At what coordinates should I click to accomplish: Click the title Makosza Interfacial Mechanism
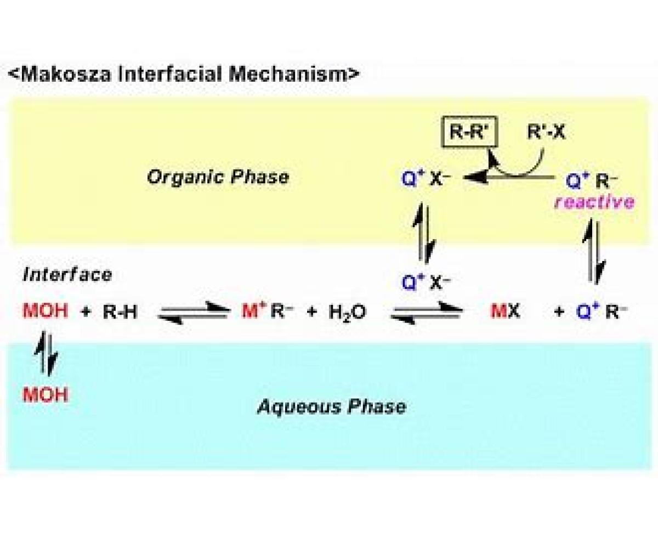(x=184, y=75)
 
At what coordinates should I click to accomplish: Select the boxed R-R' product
(x=469, y=132)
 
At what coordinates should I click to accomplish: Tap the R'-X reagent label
(x=546, y=132)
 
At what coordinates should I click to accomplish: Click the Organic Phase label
(x=218, y=177)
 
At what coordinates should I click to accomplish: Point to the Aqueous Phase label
(x=331, y=406)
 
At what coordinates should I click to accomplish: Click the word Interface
(x=67, y=275)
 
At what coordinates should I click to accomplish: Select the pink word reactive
(x=594, y=202)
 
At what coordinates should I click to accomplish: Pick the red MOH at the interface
(x=46, y=311)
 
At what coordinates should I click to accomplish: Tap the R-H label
(x=120, y=312)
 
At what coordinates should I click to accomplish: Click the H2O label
(x=347, y=312)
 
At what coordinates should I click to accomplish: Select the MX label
(x=506, y=311)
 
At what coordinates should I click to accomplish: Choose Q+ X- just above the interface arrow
(x=426, y=282)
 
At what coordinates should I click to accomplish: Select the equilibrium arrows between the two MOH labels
(x=46, y=353)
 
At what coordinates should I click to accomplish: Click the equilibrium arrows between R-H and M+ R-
(x=194, y=313)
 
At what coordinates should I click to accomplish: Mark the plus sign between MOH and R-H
(x=86, y=312)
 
